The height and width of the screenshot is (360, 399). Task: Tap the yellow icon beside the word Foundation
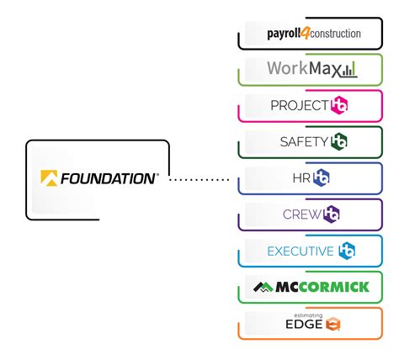pyautogui.click(x=49, y=178)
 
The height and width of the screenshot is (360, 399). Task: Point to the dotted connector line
pyautogui.click(x=199, y=179)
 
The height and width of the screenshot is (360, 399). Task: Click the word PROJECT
pyautogui.click(x=299, y=106)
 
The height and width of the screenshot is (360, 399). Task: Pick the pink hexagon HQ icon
pyautogui.click(x=339, y=106)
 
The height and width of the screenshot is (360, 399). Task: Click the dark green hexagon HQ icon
pyautogui.click(x=339, y=142)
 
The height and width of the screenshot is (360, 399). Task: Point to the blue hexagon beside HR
pyautogui.click(x=322, y=178)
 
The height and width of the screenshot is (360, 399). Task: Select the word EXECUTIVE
pyautogui.click(x=299, y=251)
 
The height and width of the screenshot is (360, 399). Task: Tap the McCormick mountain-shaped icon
pyautogui.click(x=263, y=287)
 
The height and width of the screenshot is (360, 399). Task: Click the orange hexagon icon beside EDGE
pyautogui.click(x=333, y=324)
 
